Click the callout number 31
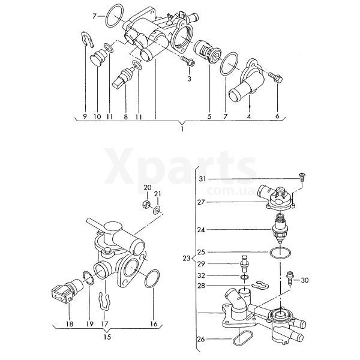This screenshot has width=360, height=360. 203,179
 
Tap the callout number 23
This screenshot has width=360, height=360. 187,258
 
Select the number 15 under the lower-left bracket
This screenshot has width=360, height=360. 107,337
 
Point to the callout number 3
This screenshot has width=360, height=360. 189,79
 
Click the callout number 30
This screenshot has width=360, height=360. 305,280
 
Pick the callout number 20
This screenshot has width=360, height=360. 148,188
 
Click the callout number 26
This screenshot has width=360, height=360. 201,339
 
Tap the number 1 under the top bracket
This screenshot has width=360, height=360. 182,129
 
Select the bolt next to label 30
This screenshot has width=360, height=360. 289,277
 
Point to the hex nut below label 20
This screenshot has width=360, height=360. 146,203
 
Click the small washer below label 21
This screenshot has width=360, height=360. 157,209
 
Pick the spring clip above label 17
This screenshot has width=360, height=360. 104,301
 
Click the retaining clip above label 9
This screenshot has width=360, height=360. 88,40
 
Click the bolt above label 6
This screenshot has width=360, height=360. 275,77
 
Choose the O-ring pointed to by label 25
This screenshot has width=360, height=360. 280,253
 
